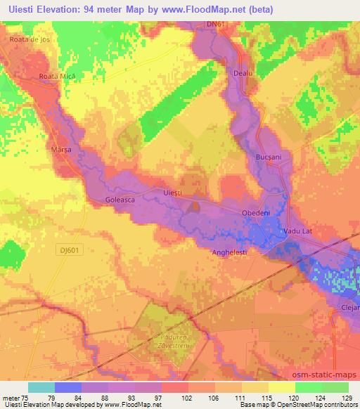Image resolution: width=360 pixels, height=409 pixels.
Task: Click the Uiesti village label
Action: (172, 193)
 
